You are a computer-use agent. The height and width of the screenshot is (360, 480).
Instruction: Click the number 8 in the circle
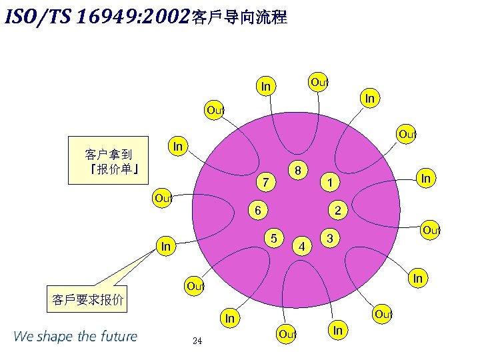point(300,170)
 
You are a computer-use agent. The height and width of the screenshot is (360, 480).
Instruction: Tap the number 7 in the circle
point(265,181)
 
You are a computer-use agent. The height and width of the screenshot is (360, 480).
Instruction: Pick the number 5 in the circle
point(274,237)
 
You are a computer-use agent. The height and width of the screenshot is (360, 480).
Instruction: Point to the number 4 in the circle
point(302,247)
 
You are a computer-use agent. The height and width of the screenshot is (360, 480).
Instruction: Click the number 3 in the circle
point(329,238)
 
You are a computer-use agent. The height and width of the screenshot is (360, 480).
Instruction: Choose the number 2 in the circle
point(338,211)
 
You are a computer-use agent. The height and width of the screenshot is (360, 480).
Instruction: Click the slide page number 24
point(197,341)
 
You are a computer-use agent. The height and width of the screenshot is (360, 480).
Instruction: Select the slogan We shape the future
point(75,336)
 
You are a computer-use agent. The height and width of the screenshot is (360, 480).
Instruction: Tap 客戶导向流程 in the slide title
point(239,18)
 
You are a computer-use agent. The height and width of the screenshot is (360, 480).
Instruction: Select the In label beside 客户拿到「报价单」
point(178,145)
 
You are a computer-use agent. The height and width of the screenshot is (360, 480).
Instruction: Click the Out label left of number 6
point(163,198)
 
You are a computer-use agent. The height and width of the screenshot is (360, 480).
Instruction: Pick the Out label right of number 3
point(431,230)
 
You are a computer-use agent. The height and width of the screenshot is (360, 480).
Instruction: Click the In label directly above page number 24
point(230,319)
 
